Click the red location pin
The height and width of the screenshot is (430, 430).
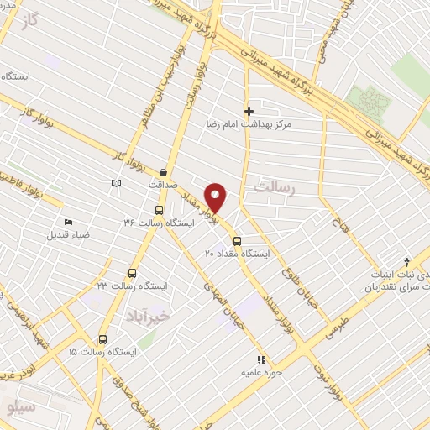216,197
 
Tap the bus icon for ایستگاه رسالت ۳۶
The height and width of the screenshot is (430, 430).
159,211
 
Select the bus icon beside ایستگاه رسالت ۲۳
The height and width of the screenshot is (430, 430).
131,272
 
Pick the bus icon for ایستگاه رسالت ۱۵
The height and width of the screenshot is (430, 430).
102,339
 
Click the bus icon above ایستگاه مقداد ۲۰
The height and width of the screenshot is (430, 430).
237,241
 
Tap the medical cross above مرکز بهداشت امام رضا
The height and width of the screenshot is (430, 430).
249,111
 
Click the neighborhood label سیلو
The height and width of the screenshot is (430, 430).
18,406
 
